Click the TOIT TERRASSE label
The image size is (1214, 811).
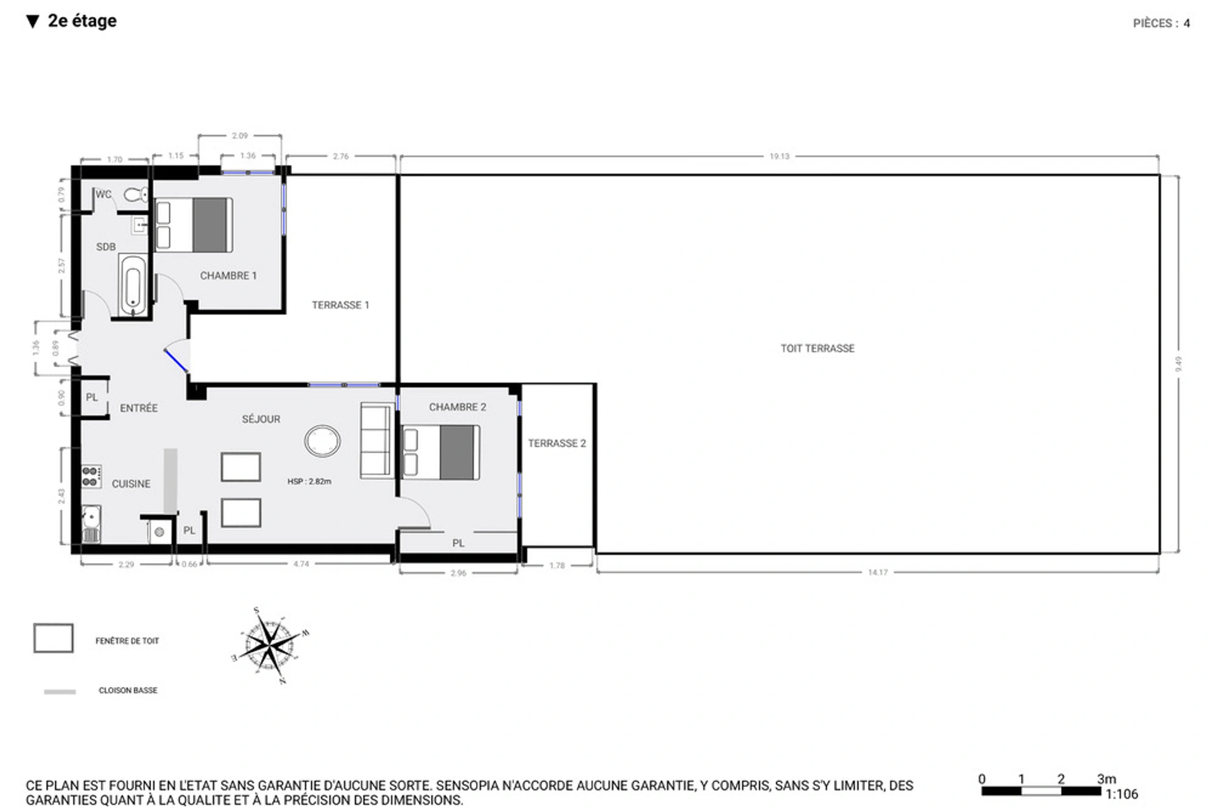coord(817,348)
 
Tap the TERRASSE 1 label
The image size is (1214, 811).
coord(340,305)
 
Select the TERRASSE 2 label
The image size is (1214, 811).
coord(556,443)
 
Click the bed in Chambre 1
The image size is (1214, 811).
coord(193,226)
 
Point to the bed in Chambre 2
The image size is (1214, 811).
coord(441,453)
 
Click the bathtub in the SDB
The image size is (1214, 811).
coord(133,285)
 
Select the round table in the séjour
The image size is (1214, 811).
coord(322,441)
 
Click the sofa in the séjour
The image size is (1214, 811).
coord(376,441)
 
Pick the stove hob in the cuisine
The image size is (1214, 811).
coord(91,477)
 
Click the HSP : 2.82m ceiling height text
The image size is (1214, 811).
coord(309,482)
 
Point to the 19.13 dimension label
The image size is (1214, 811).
coord(779,156)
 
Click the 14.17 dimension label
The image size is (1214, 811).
coord(877,573)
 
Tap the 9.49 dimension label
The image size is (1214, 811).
coord(1178,364)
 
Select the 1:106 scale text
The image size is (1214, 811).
coord(1121,795)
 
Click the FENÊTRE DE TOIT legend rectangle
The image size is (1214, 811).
coord(53,638)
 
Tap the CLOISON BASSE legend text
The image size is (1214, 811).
coord(128,691)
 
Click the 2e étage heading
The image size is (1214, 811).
coord(82,21)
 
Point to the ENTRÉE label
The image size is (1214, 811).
coord(138,408)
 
